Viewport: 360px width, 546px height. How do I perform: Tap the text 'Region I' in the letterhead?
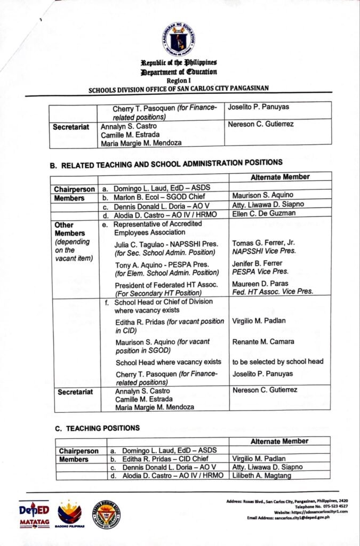click(x=179, y=80)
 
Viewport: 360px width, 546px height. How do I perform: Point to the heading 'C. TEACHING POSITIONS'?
click(x=97, y=428)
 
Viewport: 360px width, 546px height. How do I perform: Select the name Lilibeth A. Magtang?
click(x=260, y=475)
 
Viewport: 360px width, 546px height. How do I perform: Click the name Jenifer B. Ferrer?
click(x=257, y=263)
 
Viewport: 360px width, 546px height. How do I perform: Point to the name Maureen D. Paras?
click(x=259, y=284)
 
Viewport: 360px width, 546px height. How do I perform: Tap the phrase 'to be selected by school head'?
click(x=277, y=362)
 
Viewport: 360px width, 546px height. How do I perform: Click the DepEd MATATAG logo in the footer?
click(x=35, y=515)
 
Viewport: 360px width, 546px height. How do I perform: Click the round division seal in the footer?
click(x=106, y=514)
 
